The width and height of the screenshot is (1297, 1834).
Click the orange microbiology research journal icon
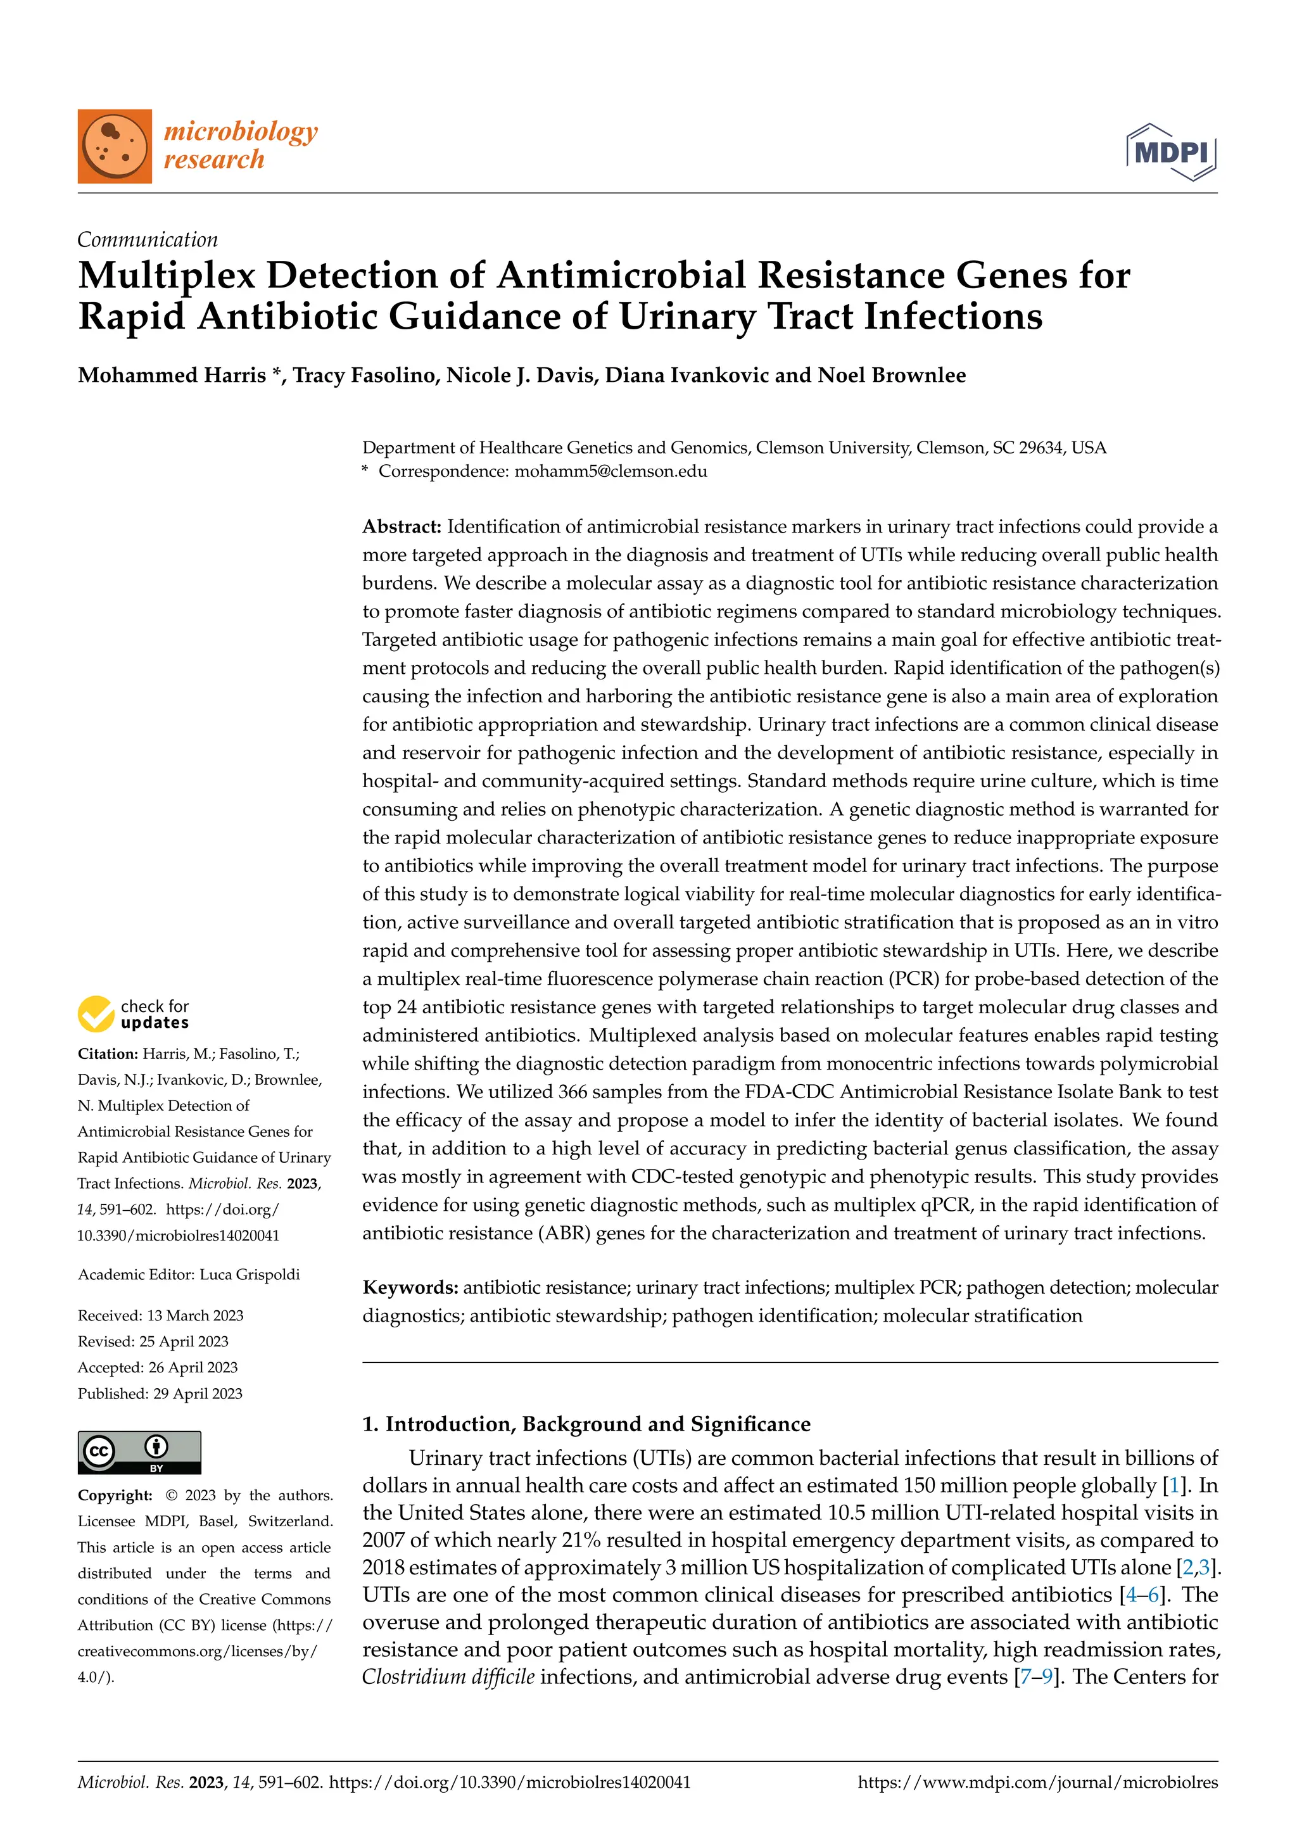pos(114,146)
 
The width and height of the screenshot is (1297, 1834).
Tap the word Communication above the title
pos(147,239)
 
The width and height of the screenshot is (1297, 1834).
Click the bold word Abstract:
pos(402,526)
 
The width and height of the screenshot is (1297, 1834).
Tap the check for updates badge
pos(134,1015)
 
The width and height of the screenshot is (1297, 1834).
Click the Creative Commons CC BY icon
pos(139,1452)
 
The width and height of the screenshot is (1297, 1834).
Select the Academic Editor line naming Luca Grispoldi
pos(189,1274)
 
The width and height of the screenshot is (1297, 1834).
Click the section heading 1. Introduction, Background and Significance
pos(586,1424)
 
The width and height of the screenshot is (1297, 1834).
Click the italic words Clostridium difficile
pos(448,1676)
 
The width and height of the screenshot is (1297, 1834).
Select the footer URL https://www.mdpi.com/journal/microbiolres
pos(1037,1782)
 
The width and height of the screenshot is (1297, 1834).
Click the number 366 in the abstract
pos(573,1092)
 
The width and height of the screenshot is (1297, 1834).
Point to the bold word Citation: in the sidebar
pos(108,1054)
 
